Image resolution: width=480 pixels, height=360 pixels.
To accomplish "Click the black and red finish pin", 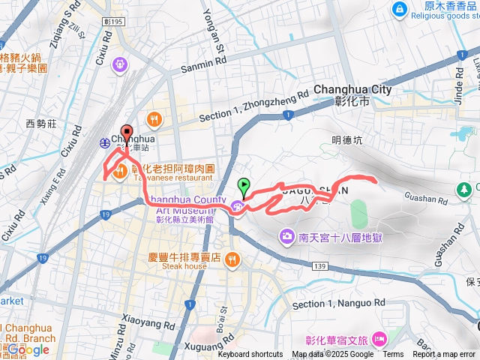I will (x=126, y=131).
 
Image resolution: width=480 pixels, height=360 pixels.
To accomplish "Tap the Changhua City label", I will (x=352, y=89).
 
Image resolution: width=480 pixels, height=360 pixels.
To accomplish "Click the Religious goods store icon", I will (x=400, y=9).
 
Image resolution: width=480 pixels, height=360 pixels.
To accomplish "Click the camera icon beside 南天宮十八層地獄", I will (x=286, y=237).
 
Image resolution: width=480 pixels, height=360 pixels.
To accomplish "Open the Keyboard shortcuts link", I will (x=250, y=355).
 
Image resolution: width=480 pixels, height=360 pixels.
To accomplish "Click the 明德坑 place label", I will (x=346, y=139).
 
